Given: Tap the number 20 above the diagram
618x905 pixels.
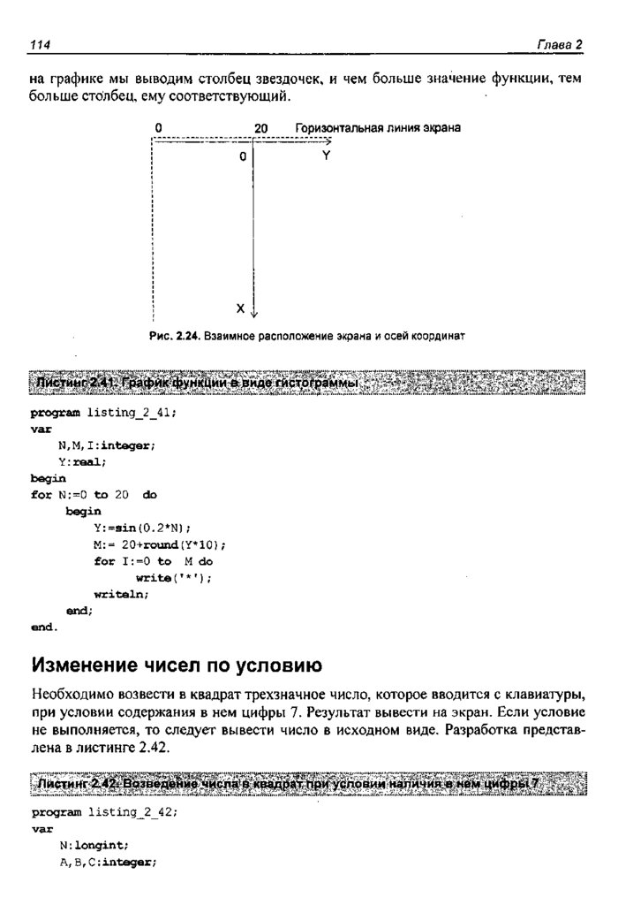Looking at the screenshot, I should point(260,128).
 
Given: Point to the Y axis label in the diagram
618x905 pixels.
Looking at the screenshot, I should point(326,156).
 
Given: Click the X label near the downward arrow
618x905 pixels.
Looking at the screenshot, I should point(239,308).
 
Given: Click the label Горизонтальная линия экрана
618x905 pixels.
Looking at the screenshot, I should point(378,128).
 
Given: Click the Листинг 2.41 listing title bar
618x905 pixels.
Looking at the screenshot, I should point(308,384).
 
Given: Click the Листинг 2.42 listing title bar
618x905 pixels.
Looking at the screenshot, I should point(308,784).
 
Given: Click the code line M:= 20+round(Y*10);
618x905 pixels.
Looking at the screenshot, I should point(160,544).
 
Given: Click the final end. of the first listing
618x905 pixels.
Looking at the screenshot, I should point(43,627).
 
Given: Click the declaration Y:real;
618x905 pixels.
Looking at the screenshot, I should point(82,461).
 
